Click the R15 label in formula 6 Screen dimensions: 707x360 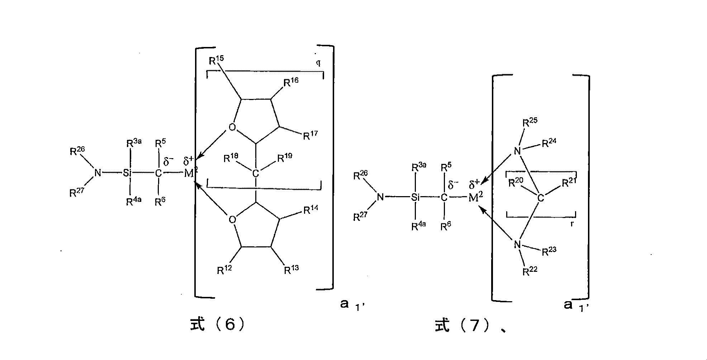(216, 60)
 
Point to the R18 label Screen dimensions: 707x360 (231, 158)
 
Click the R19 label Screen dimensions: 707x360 (285, 158)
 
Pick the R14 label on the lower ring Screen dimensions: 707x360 (311, 210)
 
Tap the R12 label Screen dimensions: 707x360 (224, 270)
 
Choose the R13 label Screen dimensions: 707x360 (291, 270)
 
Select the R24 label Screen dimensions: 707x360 (549, 143)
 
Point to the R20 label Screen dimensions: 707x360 (516, 183)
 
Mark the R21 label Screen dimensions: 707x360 (569, 183)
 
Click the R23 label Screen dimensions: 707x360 (549, 251)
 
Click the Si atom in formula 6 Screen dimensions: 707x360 (128, 174)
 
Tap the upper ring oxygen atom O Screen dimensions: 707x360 (232, 128)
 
